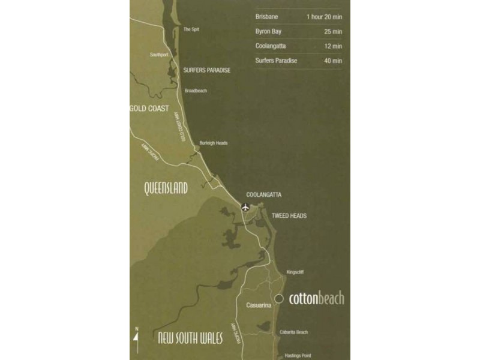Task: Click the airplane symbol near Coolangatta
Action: point(245,208)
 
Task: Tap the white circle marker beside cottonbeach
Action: point(279,299)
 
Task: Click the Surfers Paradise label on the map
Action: point(206,70)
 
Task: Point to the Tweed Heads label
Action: point(289,216)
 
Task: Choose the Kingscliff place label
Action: point(295,272)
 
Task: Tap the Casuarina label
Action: point(259,305)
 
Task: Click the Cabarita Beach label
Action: point(293,332)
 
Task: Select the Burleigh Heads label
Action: point(214,143)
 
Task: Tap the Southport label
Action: point(160,55)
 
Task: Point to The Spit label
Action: point(191,29)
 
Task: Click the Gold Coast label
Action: point(149,109)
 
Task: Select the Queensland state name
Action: point(166,188)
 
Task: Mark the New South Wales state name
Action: point(190,338)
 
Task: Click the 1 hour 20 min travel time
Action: point(324,17)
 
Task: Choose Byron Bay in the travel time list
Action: point(268,31)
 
